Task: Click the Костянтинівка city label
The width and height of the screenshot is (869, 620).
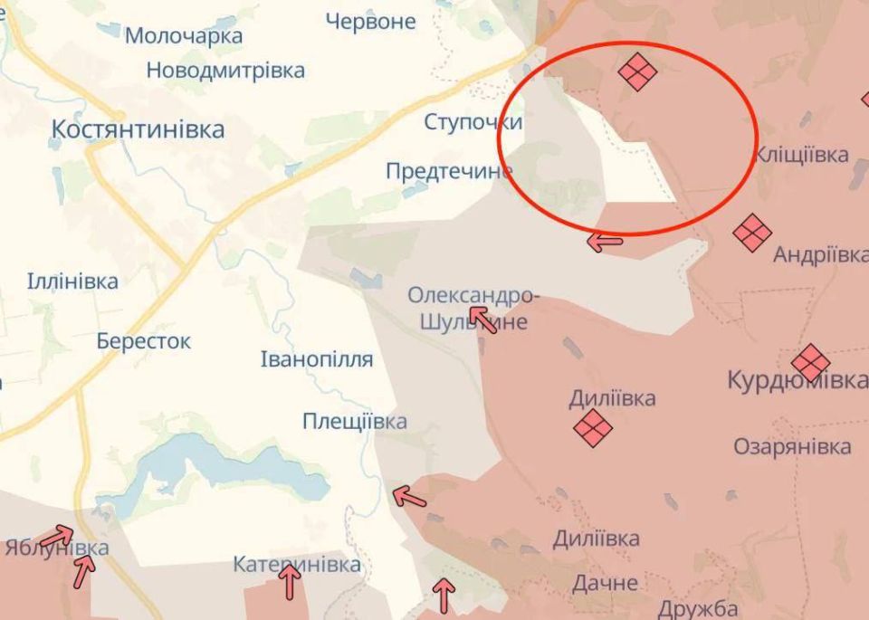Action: (138, 129)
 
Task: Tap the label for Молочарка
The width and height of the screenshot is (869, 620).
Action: (184, 36)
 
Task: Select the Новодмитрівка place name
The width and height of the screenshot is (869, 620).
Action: (225, 70)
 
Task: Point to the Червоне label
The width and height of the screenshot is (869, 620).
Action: (370, 21)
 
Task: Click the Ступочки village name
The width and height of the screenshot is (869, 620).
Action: (473, 122)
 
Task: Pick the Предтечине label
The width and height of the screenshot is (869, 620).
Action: (448, 171)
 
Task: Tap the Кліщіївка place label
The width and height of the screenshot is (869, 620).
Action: (802, 154)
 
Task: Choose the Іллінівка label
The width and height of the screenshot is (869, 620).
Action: (72, 281)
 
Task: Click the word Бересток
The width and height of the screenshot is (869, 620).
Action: (144, 341)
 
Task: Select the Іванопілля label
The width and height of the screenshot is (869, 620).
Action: (317, 359)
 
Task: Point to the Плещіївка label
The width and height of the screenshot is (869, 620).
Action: (355, 421)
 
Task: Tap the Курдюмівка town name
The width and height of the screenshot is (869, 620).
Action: (797, 380)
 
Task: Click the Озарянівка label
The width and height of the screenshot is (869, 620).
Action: (792, 446)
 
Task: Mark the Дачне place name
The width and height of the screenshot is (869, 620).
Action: (605, 583)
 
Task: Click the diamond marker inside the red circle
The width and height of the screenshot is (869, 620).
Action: (638, 72)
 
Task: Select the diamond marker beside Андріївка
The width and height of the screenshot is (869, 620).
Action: (752, 233)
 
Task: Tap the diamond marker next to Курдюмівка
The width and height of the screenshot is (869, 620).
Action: (810, 363)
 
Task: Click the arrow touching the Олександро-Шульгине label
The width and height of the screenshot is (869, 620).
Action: (482, 319)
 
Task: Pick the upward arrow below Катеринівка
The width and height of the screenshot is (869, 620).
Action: (290, 581)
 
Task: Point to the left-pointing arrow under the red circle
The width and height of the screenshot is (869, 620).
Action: (605, 242)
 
